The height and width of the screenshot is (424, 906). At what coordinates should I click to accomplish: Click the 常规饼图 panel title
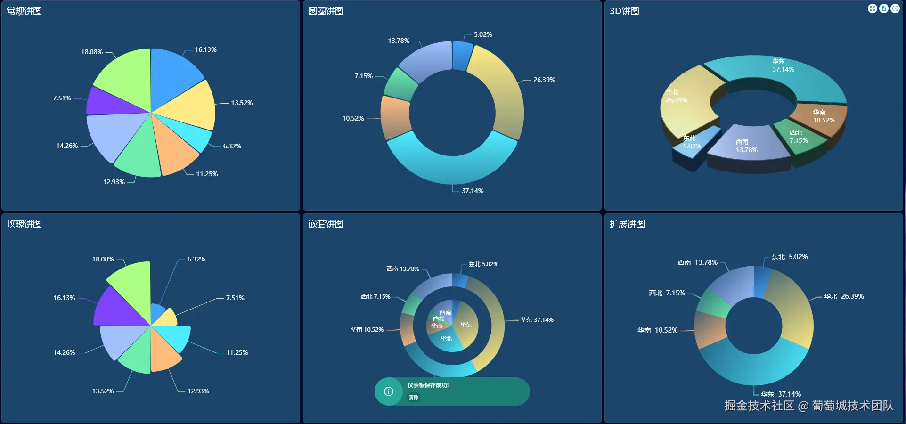(24, 11)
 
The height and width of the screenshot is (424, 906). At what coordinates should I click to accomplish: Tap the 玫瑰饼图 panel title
(24, 224)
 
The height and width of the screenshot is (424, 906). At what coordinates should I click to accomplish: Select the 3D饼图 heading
(624, 11)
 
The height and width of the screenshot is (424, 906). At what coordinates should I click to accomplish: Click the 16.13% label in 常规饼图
(206, 49)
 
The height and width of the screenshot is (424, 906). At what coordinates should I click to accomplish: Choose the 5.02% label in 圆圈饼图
(483, 34)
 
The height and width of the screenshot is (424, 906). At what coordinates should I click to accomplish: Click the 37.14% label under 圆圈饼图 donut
(473, 191)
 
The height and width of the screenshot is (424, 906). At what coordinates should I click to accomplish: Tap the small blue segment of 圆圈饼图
(462, 56)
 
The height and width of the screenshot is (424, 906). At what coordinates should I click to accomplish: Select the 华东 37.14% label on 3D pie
(783, 65)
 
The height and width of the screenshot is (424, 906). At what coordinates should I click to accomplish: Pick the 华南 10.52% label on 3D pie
(824, 116)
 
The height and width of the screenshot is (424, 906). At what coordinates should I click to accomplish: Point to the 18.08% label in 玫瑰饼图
(103, 259)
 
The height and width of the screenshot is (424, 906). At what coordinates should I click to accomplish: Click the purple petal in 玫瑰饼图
(115, 309)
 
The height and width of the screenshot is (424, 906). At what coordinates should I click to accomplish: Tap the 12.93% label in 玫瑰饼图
(198, 391)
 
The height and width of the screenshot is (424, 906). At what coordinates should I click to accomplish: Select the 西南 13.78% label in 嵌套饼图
(403, 269)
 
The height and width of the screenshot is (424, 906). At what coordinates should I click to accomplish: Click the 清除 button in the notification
(414, 397)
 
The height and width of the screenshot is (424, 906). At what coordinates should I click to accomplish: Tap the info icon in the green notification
(389, 391)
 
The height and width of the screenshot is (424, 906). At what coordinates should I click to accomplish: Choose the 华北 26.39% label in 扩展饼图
(844, 296)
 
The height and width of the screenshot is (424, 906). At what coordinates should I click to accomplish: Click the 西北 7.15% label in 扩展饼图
(667, 293)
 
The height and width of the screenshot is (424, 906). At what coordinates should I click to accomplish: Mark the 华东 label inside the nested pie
(466, 324)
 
